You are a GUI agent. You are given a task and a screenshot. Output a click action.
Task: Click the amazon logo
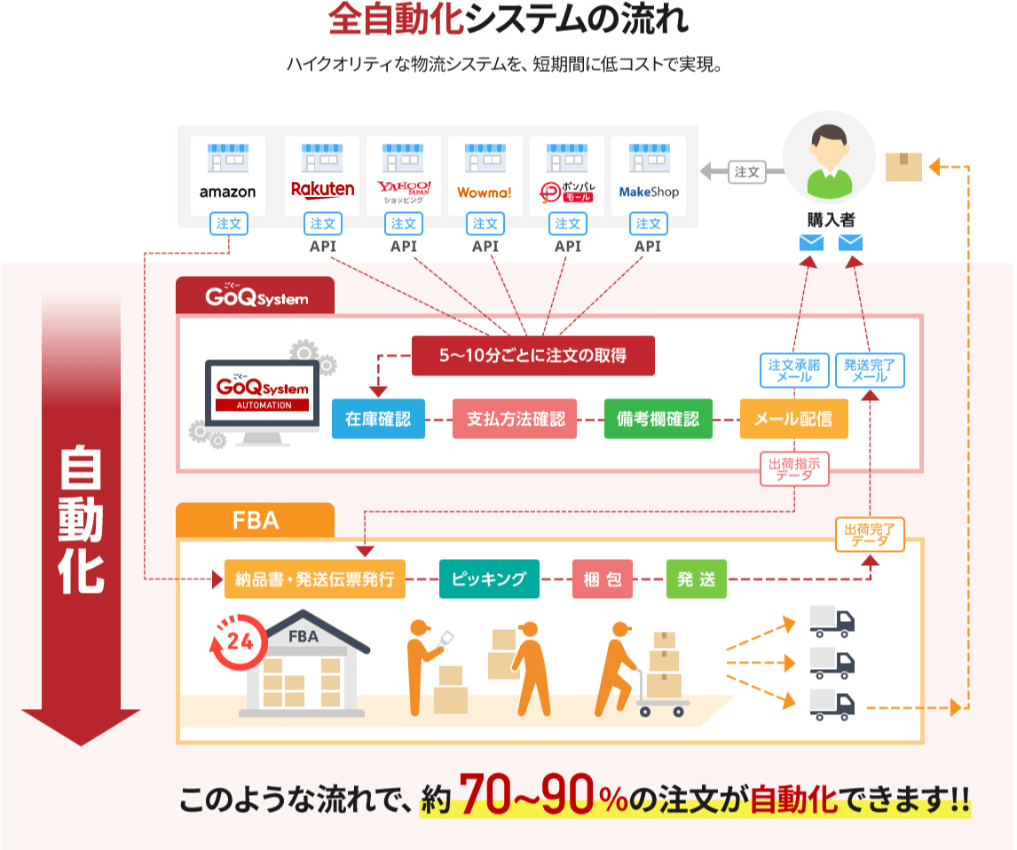click(227, 192)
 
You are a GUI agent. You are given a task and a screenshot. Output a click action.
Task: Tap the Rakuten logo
click(322, 189)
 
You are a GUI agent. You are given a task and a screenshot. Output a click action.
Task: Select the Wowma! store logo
click(485, 192)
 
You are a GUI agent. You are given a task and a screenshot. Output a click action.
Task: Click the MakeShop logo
click(648, 192)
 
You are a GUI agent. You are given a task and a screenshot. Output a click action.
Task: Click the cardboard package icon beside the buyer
click(903, 166)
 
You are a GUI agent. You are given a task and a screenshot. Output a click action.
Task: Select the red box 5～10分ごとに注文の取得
click(532, 356)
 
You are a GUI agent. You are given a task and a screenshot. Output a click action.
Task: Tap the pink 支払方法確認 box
click(515, 419)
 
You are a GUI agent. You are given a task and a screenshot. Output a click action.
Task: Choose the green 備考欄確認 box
click(658, 419)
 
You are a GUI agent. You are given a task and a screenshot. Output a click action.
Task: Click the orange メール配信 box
click(793, 419)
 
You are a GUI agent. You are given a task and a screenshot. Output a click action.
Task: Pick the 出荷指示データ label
click(793, 468)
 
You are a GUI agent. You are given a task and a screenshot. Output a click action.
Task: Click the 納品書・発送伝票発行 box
click(314, 580)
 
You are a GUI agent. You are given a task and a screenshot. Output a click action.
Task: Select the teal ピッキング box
click(488, 580)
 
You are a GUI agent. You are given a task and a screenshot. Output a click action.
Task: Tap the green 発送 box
click(696, 580)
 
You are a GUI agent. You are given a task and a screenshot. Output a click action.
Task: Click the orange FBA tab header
click(256, 520)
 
